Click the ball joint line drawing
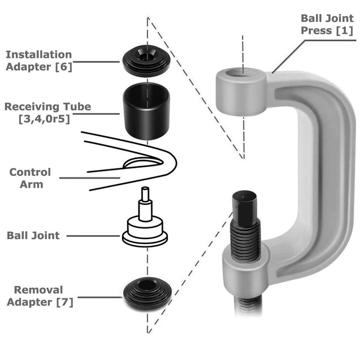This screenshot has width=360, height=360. (145, 226)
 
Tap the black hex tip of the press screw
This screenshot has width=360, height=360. (244, 206)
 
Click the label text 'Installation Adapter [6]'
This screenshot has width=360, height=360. (38, 61)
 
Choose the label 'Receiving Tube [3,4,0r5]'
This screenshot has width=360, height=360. (47, 112)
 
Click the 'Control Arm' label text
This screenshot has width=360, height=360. (30, 178)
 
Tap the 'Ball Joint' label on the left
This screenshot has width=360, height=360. (33, 235)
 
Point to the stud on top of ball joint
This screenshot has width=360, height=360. (145, 198)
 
